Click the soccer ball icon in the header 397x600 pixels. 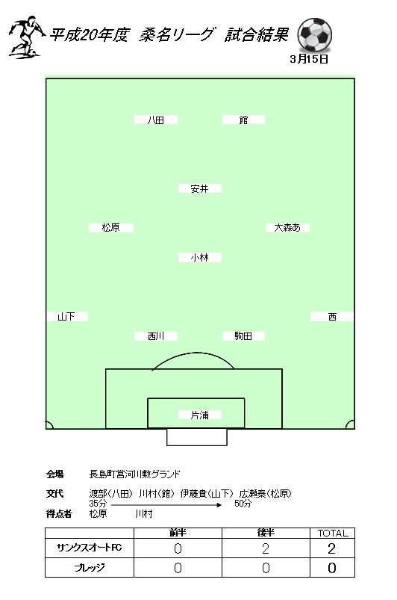click(314, 35)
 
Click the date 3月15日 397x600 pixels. click(309, 59)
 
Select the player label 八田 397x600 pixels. click(156, 120)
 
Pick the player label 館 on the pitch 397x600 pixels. click(243, 120)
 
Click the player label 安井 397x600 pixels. click(200, 188)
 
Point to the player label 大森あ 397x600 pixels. click(287, 228)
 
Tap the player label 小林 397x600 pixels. click(200, 258)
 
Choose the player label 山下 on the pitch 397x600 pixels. click(66, 317)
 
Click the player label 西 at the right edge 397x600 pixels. click(332, 317)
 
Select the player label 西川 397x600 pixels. click(156, 336)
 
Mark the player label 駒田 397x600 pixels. click(243, 336)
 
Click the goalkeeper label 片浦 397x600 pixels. click(200, 415)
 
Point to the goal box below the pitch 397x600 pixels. click(197, 437)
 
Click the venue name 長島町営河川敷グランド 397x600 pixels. click(134, 474)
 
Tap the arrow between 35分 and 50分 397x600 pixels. click(166, 504)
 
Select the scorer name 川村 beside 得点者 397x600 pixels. click(144, 514)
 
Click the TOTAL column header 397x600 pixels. click(332, 533)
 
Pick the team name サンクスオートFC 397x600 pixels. click(90, 548)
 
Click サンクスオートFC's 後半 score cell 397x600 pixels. click(266, 548)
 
